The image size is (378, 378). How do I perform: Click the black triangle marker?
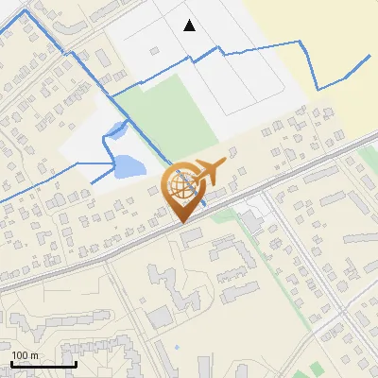[190, 26]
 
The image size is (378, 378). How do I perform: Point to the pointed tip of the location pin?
[181, 221]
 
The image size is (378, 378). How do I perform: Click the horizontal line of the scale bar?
[43, 365]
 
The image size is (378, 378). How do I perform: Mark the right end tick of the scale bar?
[76, 363]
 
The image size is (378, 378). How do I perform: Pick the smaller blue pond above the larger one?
[114, 131]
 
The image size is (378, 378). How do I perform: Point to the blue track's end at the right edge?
[369, 57]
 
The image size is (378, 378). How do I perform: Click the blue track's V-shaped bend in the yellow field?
[319, 89]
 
